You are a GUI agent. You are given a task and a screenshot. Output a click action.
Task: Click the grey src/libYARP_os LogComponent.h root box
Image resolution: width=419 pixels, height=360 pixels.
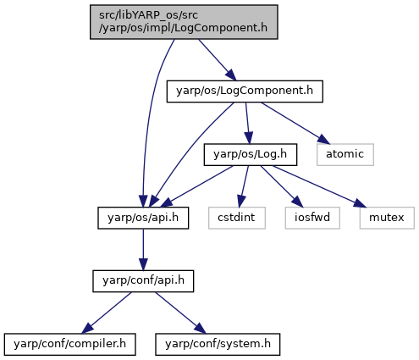(184, 22)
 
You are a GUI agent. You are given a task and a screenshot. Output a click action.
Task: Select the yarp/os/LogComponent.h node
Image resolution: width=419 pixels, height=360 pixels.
(245, 91)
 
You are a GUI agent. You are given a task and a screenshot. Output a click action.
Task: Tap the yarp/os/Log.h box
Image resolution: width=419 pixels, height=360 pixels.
(251, 155)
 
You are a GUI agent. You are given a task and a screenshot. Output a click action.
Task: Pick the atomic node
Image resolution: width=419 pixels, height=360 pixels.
(345, 155)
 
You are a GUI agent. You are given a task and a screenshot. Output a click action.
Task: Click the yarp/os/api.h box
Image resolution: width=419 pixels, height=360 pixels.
(143, 218)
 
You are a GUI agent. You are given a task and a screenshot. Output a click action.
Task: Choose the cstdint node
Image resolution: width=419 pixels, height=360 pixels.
(237, 218)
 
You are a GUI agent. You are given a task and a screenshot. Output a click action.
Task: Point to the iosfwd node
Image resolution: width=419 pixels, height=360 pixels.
(312, 218)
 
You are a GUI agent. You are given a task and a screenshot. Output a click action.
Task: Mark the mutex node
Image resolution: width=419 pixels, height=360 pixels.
(387, 218)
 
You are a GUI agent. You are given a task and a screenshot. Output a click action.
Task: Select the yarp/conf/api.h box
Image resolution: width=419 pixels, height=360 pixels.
(143, 281)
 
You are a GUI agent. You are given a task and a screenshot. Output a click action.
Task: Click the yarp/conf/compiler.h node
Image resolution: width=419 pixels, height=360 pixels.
(69, 344)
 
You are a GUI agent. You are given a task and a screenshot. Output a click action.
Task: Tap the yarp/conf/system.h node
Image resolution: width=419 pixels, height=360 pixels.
(218, 344)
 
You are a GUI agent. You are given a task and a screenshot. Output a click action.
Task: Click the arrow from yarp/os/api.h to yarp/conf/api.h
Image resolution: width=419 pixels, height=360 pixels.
(143, 250)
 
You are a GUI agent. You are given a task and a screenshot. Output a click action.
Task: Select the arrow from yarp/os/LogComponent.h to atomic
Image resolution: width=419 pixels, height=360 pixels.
(295, 123)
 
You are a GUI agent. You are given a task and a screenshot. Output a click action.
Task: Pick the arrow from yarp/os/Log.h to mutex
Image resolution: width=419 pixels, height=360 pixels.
(319, 186)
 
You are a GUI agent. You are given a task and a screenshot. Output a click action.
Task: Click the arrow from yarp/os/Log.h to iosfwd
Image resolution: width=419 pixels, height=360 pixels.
(282, 186)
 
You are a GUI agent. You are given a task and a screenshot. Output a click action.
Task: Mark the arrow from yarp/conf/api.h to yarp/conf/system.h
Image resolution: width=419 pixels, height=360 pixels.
(180, 313)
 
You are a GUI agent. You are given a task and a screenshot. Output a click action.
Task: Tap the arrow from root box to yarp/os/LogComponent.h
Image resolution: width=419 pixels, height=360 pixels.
(218, 60)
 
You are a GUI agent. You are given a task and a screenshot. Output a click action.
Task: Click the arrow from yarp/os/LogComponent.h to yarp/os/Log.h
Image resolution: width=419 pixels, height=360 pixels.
(247, 123)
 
